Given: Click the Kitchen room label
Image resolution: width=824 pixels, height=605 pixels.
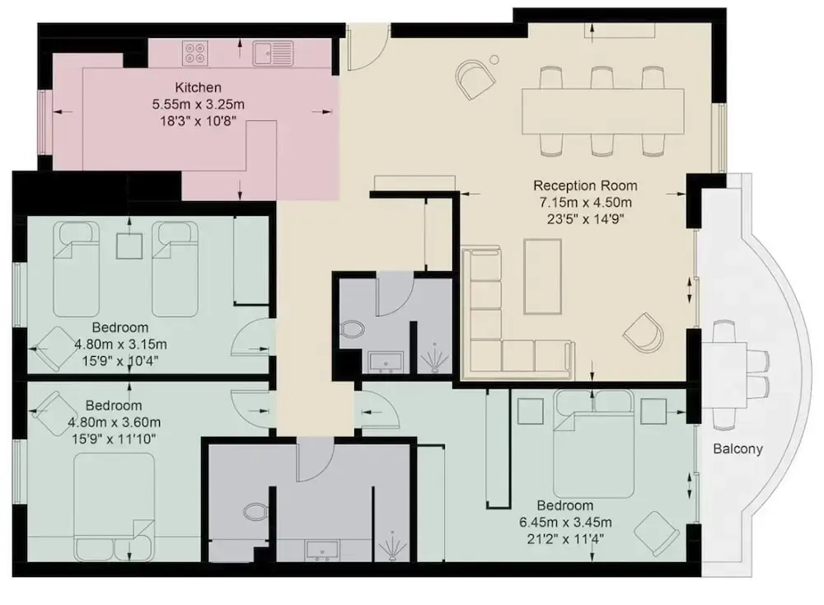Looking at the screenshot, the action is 198,87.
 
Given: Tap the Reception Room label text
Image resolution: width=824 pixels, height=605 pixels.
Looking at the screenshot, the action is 585,185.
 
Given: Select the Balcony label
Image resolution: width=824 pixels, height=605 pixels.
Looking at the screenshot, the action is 737,449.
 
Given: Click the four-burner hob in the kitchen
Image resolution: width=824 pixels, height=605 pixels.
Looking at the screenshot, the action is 195,53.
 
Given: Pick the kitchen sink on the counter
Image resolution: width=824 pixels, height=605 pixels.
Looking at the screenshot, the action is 273,53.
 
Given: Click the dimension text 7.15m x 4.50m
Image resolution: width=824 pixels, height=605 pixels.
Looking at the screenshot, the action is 585,203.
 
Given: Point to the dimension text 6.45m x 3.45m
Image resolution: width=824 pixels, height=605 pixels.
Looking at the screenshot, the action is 565,523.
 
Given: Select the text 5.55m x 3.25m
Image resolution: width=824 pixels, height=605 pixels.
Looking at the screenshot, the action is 198,104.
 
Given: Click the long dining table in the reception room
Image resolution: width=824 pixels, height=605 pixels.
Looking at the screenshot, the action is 603,111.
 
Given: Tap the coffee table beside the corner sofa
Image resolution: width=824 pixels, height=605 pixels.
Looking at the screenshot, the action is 543,276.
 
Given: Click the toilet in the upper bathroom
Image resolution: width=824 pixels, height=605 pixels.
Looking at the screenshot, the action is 353,330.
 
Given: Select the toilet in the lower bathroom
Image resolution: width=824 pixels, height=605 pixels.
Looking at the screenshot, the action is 256,512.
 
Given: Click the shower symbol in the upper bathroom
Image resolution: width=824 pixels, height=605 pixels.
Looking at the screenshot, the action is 434,359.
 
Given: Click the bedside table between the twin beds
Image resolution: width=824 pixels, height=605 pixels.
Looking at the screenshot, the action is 129,246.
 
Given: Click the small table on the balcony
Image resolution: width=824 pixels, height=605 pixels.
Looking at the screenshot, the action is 729,374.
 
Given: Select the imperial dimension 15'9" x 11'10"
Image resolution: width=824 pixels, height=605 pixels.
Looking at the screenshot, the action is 114,439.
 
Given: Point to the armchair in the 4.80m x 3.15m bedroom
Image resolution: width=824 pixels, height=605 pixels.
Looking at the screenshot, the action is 53,349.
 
